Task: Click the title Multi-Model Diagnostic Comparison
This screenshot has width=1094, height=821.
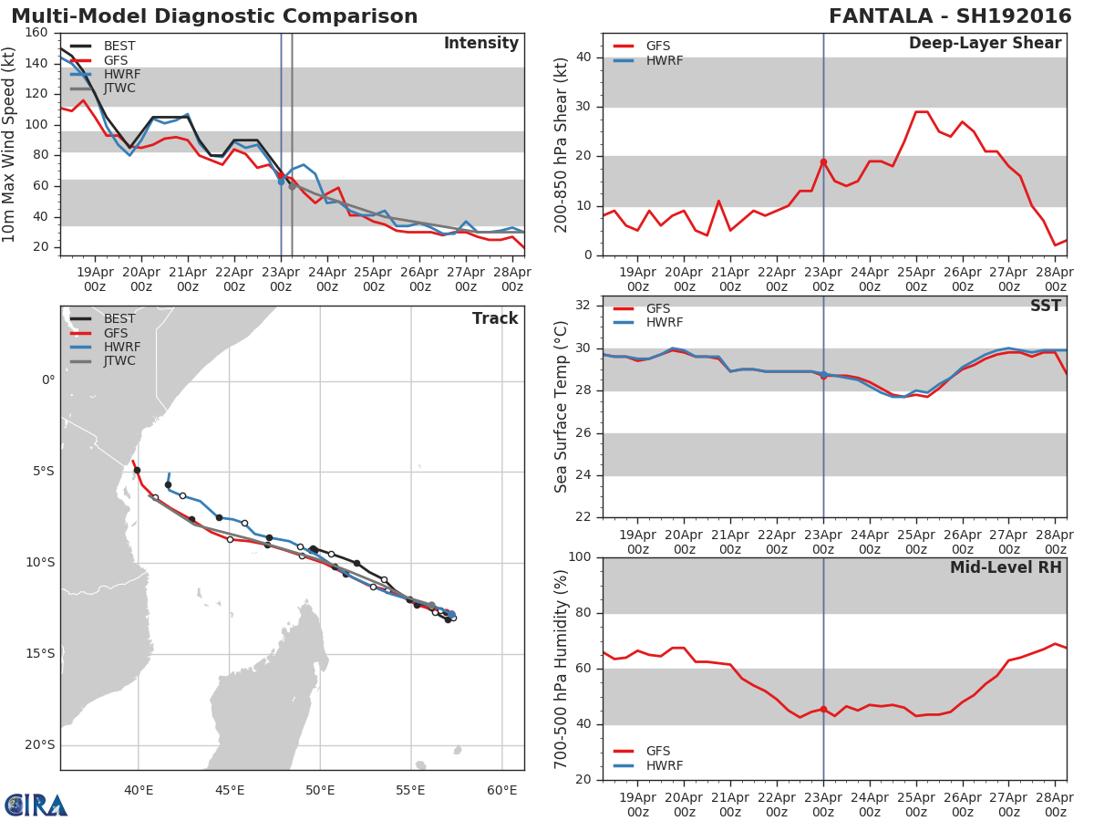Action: click(214, 16)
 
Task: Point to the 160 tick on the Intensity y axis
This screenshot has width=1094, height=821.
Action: click(36, 33)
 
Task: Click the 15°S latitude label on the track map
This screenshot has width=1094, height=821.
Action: click(40, 654)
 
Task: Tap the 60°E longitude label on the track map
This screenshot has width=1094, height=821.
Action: click(501, 790)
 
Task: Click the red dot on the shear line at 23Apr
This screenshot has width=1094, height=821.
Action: click(823, 161)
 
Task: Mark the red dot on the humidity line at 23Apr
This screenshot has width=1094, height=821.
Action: click(823, 709)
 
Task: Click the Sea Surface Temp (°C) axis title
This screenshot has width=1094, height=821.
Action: click(562, 407)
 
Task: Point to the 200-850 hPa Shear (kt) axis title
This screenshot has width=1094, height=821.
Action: click(562, 144)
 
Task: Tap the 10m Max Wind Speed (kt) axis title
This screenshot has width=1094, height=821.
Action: click(9, 144)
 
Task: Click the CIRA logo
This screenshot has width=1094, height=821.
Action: click(36, 805)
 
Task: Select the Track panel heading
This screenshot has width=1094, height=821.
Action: click(494, 318)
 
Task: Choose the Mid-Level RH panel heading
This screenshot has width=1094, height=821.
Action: click(1006, 567)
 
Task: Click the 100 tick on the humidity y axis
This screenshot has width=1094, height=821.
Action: click(582, 557)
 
